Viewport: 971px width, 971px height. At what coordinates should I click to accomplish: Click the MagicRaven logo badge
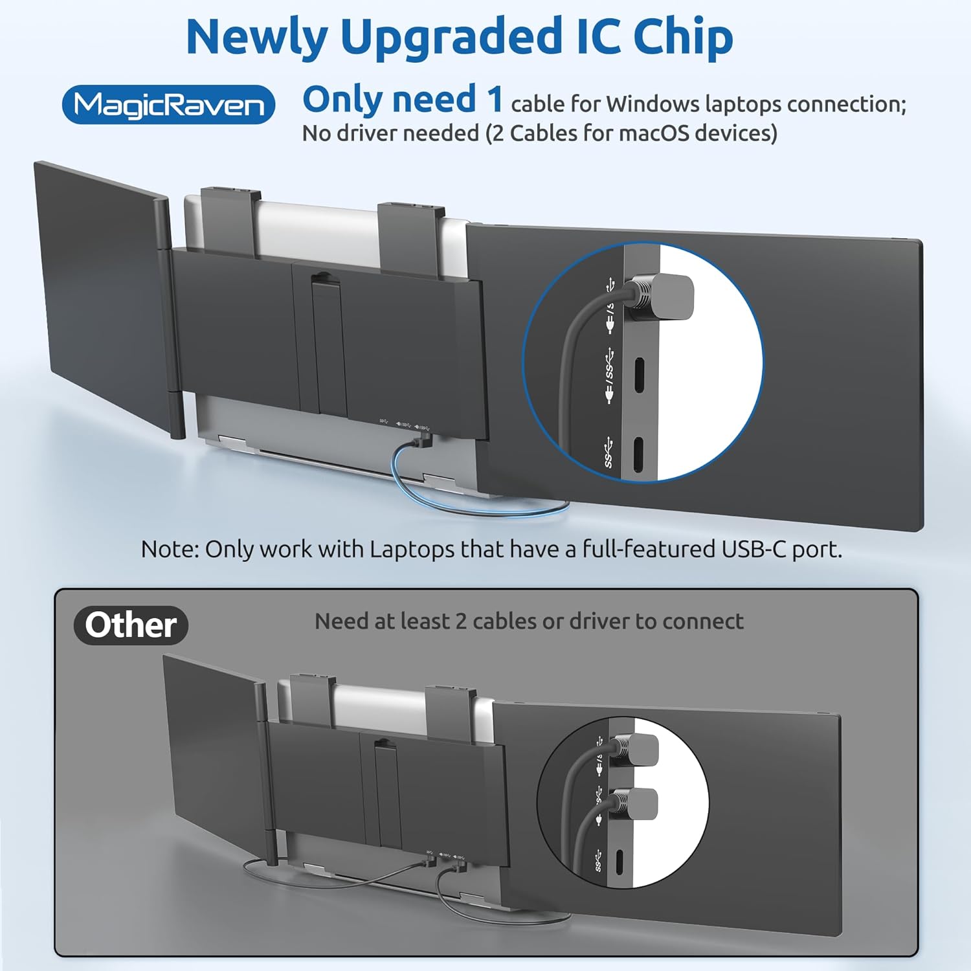tap(168, 104)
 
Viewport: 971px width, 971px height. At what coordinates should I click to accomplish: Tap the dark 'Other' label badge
tap(131, 625)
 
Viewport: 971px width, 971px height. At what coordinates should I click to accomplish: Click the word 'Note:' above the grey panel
tap(170, 549)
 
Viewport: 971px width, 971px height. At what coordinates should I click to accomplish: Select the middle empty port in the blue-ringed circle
tap(639, 375)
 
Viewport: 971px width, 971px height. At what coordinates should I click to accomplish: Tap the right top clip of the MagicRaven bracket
tap(411, 238)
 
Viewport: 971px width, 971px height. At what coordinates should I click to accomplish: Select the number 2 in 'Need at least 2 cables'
tap(460, 621)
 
